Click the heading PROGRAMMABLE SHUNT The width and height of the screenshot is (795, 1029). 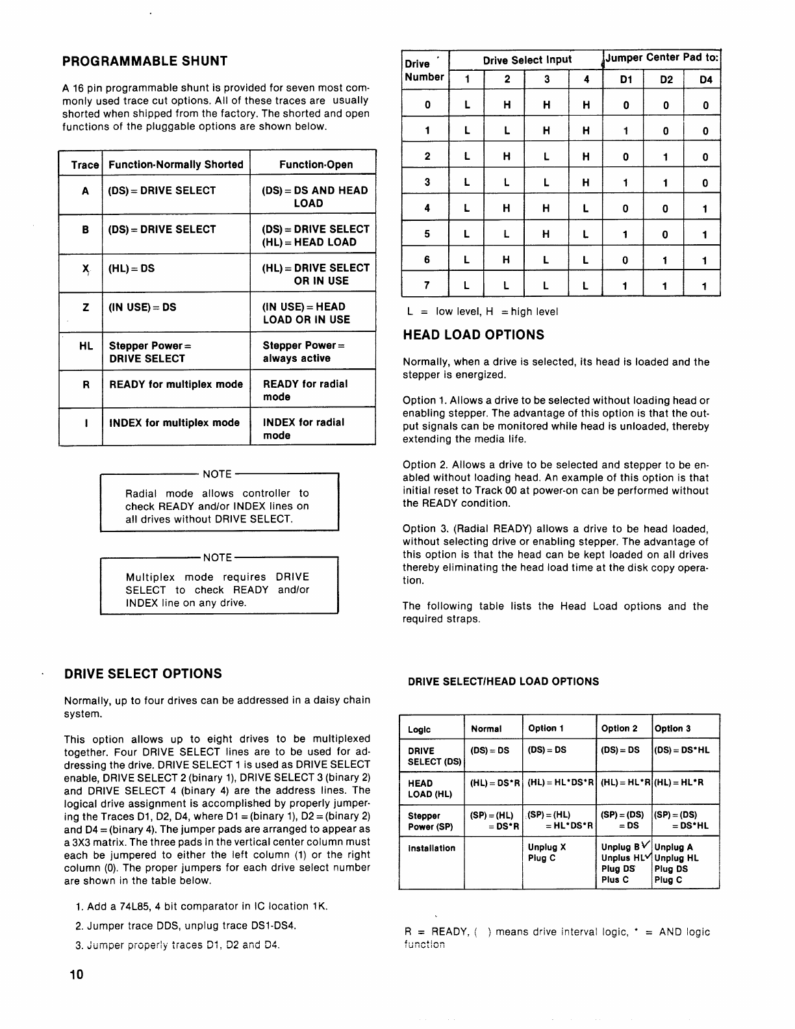[x=145, y=61]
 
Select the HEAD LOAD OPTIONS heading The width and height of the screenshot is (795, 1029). [x=473, y=335]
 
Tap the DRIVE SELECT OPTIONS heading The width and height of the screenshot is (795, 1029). [x=143, y=674]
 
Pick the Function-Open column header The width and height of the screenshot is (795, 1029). [x=316, y=164]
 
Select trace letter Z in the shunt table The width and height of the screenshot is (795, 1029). [x=86, y=307]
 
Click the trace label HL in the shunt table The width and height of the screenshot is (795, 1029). [x=86, y=346]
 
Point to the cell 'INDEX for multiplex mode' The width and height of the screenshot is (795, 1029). [x=174, y=423]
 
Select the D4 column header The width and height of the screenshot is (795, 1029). [x=705, y=80]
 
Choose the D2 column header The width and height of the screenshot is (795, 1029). [x=666, y=80]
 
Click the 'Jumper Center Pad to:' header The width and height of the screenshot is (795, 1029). [x=662, y=57]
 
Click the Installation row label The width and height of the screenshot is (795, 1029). [x=432, y=848]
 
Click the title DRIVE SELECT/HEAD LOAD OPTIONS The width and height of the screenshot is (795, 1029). [x=503, y=681]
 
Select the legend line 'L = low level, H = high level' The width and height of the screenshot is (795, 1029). [x=483, y=311]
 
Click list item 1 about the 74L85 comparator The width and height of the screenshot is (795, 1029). [x=201, y=906]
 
